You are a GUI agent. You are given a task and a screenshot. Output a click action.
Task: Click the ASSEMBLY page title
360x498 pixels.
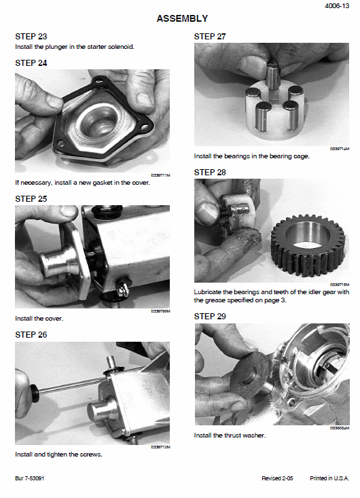182,18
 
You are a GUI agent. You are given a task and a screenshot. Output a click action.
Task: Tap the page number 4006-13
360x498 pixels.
337,5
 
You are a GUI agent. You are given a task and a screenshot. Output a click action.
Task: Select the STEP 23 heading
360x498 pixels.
31,37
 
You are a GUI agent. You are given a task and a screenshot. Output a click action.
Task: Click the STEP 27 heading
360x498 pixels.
210,37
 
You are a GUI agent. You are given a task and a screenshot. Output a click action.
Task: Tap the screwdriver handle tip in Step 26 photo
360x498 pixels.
33,389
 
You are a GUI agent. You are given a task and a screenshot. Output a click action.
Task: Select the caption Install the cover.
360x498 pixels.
39,319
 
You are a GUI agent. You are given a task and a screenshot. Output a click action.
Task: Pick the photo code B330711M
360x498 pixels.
160,175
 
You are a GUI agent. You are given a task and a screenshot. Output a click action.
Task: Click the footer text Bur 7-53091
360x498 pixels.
29,478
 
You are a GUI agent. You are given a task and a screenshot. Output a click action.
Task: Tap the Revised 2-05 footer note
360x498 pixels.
277,478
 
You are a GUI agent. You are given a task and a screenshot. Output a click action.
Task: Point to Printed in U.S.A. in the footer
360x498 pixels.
329,478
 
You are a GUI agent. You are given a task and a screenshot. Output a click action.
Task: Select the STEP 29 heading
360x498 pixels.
210,317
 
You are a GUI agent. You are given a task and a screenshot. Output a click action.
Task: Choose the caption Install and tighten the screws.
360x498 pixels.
58,455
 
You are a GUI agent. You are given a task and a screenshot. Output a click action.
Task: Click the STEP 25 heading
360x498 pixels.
31,199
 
